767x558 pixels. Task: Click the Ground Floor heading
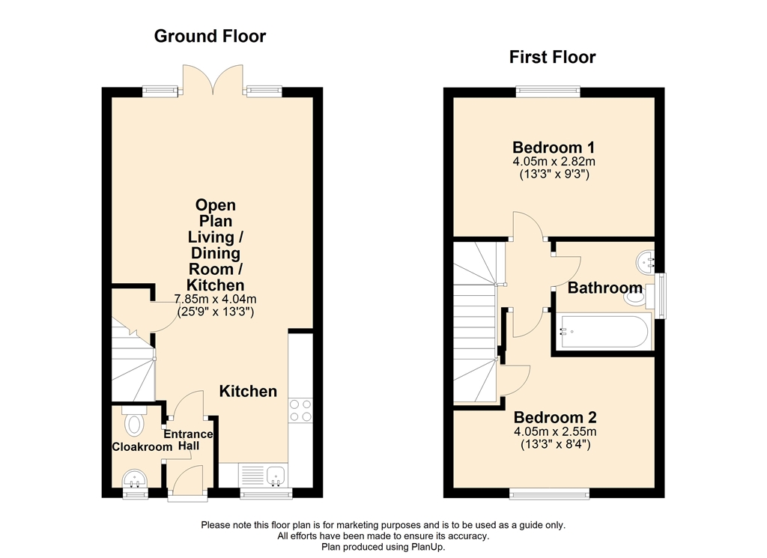[x=210, y=36]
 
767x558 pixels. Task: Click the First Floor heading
[x=552, y=57]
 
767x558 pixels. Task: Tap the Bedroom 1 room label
[x=554, y=148]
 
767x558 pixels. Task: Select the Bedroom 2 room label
[x=555, y=418]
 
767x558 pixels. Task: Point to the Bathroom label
[x=604, y=288]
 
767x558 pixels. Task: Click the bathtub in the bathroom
[x=604, y=332]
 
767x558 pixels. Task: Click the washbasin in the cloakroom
[x=134, y=479]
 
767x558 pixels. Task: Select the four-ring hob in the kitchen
[x=300, y=410]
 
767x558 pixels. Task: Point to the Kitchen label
[x=248, y=391]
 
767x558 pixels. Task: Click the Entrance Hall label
[x=188, y=440]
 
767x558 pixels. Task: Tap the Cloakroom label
[x=142, y=447]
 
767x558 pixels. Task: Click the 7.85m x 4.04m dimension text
[x=215, y=300]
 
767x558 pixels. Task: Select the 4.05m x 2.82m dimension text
[x=554, y=161]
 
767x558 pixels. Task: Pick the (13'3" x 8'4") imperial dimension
[x=555, y=445]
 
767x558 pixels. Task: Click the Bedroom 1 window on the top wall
[x=548, y=91]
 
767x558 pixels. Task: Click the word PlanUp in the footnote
[x=428, y=547]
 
